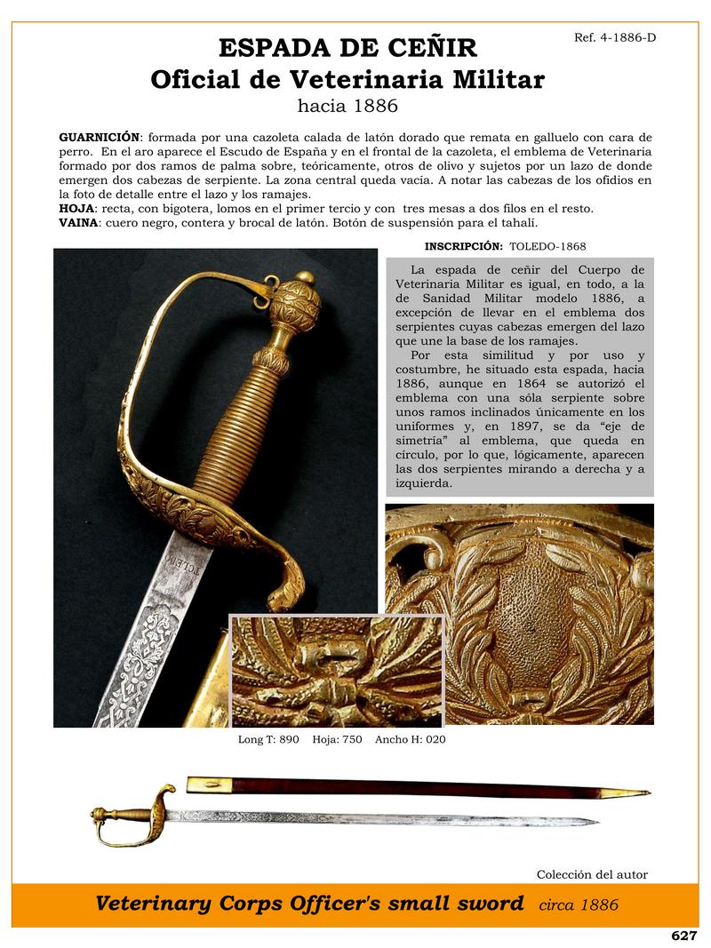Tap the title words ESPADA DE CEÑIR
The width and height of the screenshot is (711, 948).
[348, 48]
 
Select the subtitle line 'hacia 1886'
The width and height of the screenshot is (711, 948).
[348, 107]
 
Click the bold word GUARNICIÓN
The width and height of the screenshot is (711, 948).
[99, 137]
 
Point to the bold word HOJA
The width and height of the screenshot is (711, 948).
[75, 208]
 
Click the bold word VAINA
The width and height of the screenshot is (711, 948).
[77, 221]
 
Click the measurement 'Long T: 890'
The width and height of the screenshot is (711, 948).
[268, 739]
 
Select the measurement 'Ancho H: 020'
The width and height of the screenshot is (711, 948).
[411, 739]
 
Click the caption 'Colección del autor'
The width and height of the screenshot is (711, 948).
[592, 874]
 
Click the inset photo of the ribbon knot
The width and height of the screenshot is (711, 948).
[336, 670]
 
